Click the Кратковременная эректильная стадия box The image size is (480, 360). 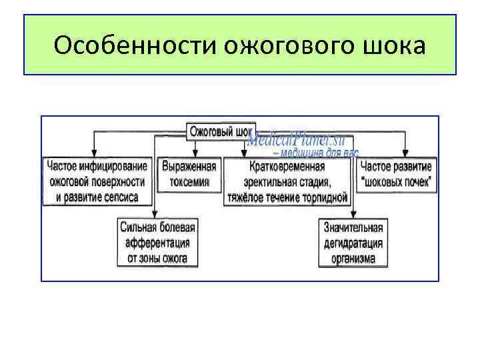[288, 181]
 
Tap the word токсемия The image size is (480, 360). [189, 181]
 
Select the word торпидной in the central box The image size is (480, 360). [324, 197]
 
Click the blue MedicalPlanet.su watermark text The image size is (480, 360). [294, 141]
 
